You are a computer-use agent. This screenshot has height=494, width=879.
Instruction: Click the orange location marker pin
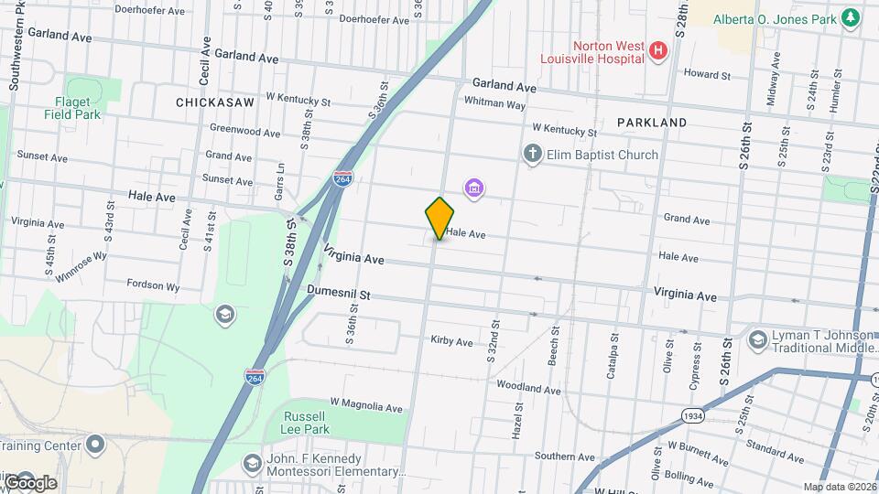439,218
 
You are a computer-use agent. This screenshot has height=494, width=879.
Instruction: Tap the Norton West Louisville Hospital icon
657,51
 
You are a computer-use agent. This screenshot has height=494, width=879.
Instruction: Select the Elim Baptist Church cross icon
532,155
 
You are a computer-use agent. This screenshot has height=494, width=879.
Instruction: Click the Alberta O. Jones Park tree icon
850,18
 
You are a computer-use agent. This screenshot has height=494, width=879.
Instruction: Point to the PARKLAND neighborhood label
652,122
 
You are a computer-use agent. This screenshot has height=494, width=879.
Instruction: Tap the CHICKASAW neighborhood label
215,103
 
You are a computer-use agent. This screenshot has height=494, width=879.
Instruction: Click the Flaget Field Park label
72,108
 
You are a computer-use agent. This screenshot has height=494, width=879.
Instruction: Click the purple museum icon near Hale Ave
473,189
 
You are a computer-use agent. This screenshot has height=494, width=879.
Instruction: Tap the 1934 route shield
694,416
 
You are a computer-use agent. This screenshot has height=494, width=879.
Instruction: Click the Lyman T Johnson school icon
757,341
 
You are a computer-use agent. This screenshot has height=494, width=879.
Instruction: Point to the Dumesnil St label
338,295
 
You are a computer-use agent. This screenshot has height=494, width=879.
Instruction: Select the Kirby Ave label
451,341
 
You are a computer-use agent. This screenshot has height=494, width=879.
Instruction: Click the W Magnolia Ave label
366,404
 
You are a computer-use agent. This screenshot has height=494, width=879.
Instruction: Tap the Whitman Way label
494,104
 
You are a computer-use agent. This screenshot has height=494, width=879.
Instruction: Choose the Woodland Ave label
529,390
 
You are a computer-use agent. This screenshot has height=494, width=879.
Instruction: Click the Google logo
29,482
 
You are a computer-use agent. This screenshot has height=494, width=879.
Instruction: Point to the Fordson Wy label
153,285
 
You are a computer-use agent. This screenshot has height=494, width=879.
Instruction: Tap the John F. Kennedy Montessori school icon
252,464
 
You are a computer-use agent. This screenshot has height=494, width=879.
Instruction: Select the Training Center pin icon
96,446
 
